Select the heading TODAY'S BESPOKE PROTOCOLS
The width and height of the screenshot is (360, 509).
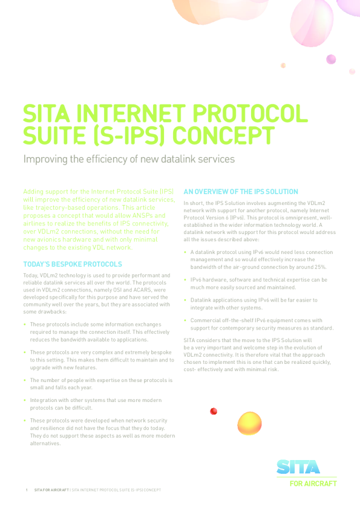73,264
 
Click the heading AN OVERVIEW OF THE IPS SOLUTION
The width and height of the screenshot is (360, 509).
241,192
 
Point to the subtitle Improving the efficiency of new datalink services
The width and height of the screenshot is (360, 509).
128,160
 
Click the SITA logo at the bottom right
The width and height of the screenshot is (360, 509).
298,467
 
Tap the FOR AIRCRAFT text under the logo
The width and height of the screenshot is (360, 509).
313,484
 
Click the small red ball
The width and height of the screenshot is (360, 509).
214,411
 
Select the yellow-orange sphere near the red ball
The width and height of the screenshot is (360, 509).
249,423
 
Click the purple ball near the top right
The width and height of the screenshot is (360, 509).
331,59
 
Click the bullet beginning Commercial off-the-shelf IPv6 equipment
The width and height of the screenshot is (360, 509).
261,324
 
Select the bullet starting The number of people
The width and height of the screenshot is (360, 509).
101,384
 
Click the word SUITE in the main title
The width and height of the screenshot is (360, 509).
51,135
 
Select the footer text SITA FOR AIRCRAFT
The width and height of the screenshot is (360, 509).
51,490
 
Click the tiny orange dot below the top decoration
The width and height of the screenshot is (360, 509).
283,65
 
